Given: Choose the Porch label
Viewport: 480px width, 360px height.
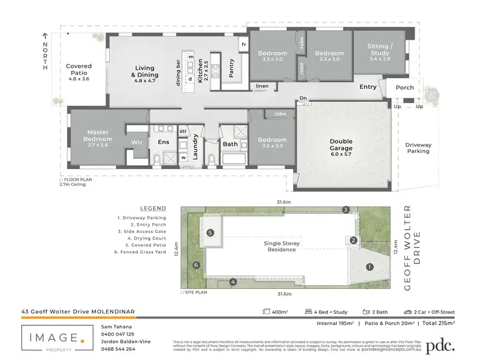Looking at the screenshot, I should point(404,88).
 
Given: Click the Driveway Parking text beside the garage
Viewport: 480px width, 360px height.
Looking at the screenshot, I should point(418,149).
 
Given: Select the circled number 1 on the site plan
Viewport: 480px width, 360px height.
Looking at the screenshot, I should point(369,266).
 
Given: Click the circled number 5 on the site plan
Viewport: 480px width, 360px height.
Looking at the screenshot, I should point(210,233).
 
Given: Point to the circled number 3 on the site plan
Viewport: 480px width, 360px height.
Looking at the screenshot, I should point(346,209).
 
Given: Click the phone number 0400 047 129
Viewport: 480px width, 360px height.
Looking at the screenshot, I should point(118,334).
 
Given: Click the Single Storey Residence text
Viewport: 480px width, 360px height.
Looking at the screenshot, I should point(281,246).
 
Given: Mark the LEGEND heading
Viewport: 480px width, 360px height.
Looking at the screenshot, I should point(152,208).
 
